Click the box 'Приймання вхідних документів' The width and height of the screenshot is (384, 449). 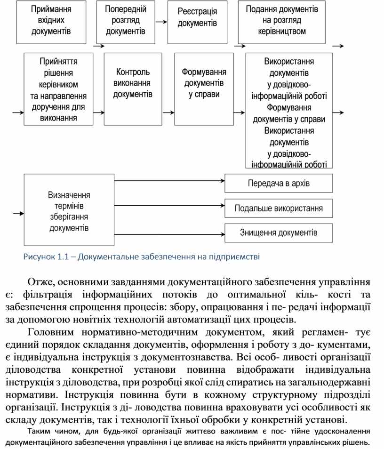coord(51,22)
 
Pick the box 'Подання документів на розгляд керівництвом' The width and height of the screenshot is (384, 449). coord(282,22)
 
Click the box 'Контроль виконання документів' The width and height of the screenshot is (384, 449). coord(133,88)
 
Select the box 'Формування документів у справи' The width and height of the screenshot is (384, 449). coord(204,88)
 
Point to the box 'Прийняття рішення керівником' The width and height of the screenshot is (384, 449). coord(58,88)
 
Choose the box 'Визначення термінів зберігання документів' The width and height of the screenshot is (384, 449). coord(69,210)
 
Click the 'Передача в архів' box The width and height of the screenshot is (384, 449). coord(279,183)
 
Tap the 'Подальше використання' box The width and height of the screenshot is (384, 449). coord(279,208)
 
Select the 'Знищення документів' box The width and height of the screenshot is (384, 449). coord(279,233)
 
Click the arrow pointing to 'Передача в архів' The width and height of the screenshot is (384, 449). coord(169,180)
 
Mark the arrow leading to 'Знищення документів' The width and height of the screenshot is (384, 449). coord(169,234)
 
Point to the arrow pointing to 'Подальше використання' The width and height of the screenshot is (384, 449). coord(169,205)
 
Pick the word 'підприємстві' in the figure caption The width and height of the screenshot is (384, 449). coord(236,257)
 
